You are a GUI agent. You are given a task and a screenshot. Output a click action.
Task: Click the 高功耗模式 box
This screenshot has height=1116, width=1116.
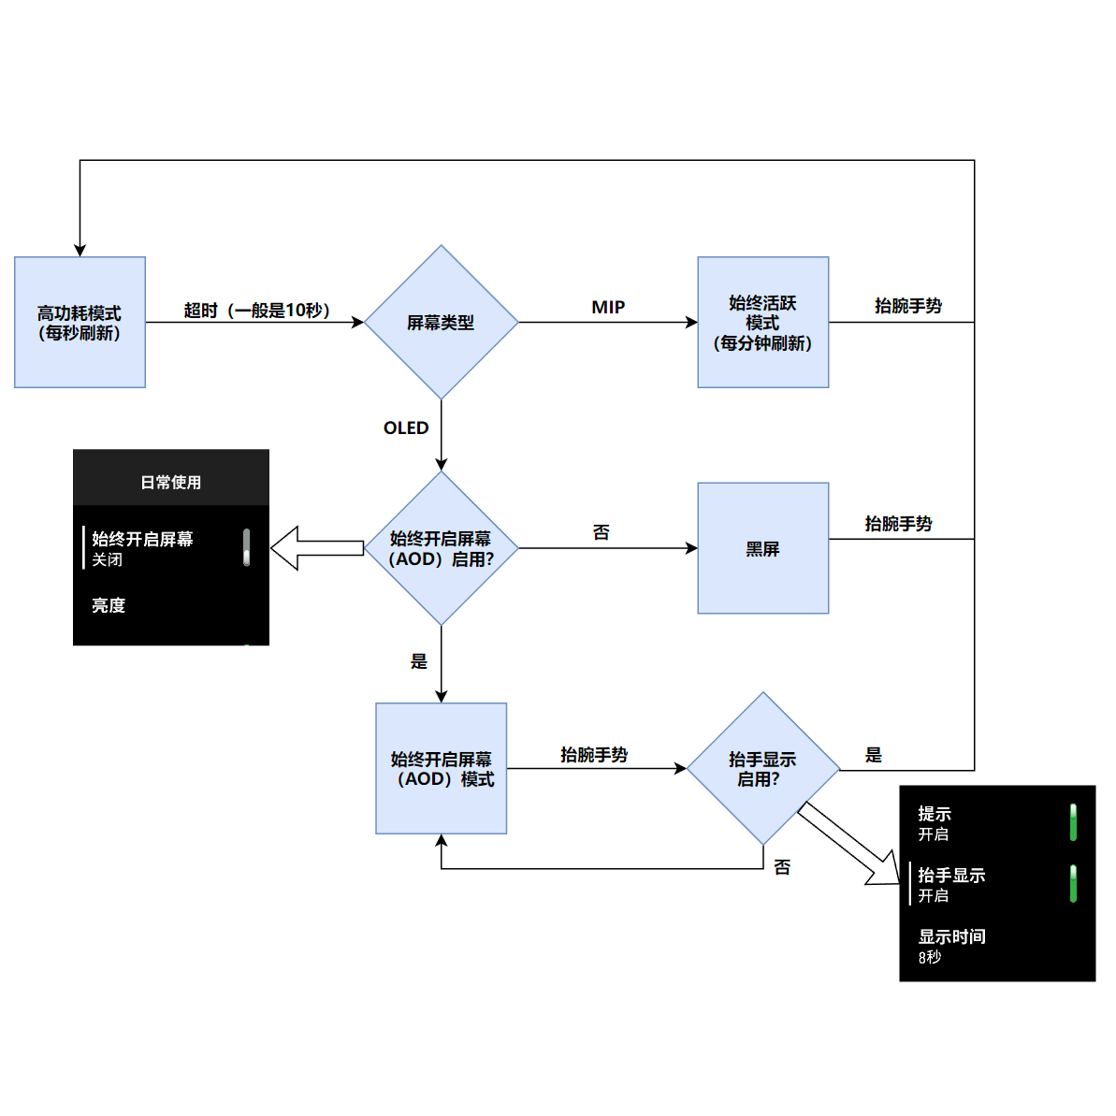(80, 323)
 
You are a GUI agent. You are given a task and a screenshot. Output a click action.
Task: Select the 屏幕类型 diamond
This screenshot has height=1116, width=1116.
(441, 323)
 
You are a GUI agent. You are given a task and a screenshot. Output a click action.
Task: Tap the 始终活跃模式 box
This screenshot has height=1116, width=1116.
(762, 323)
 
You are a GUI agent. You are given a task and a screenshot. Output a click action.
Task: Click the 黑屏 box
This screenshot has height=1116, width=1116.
(762, 548)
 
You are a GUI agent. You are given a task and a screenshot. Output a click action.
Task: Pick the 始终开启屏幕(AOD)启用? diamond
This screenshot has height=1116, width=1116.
(441, 548)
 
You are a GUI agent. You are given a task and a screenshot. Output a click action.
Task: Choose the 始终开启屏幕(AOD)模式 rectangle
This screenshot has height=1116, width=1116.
(441, 768)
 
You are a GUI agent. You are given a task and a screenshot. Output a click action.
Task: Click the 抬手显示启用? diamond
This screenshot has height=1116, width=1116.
(762, 768)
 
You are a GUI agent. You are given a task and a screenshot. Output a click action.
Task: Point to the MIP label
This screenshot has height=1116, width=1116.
(608, 307)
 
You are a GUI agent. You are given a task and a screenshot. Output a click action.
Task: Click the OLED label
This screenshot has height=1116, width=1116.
(406, 428)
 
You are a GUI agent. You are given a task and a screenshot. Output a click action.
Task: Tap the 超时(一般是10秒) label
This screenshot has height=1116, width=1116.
(256, 310)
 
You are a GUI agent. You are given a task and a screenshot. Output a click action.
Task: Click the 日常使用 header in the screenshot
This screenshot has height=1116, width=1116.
(171, 482)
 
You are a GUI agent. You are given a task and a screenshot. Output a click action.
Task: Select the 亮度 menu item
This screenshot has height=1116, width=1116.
(109, 605)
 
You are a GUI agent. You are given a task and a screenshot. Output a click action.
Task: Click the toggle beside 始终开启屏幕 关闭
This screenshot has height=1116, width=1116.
(246, 547)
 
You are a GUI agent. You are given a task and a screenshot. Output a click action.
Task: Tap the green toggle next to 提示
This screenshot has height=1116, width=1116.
(1073, 822)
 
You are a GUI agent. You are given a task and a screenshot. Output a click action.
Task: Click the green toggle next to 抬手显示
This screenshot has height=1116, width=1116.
(1073, 884)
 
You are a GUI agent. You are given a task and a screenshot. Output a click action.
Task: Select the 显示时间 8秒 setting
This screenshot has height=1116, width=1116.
(951, 946)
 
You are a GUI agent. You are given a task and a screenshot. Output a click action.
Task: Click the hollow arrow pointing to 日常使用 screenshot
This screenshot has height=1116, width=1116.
(318, 548)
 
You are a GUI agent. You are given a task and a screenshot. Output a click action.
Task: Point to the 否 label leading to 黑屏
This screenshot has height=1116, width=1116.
(601, 532)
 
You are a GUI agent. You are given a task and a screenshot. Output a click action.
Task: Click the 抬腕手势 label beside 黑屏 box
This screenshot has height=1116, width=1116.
(898, 524)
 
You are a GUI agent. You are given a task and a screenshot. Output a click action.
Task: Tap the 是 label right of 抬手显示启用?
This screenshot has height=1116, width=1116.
(873, 755)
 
